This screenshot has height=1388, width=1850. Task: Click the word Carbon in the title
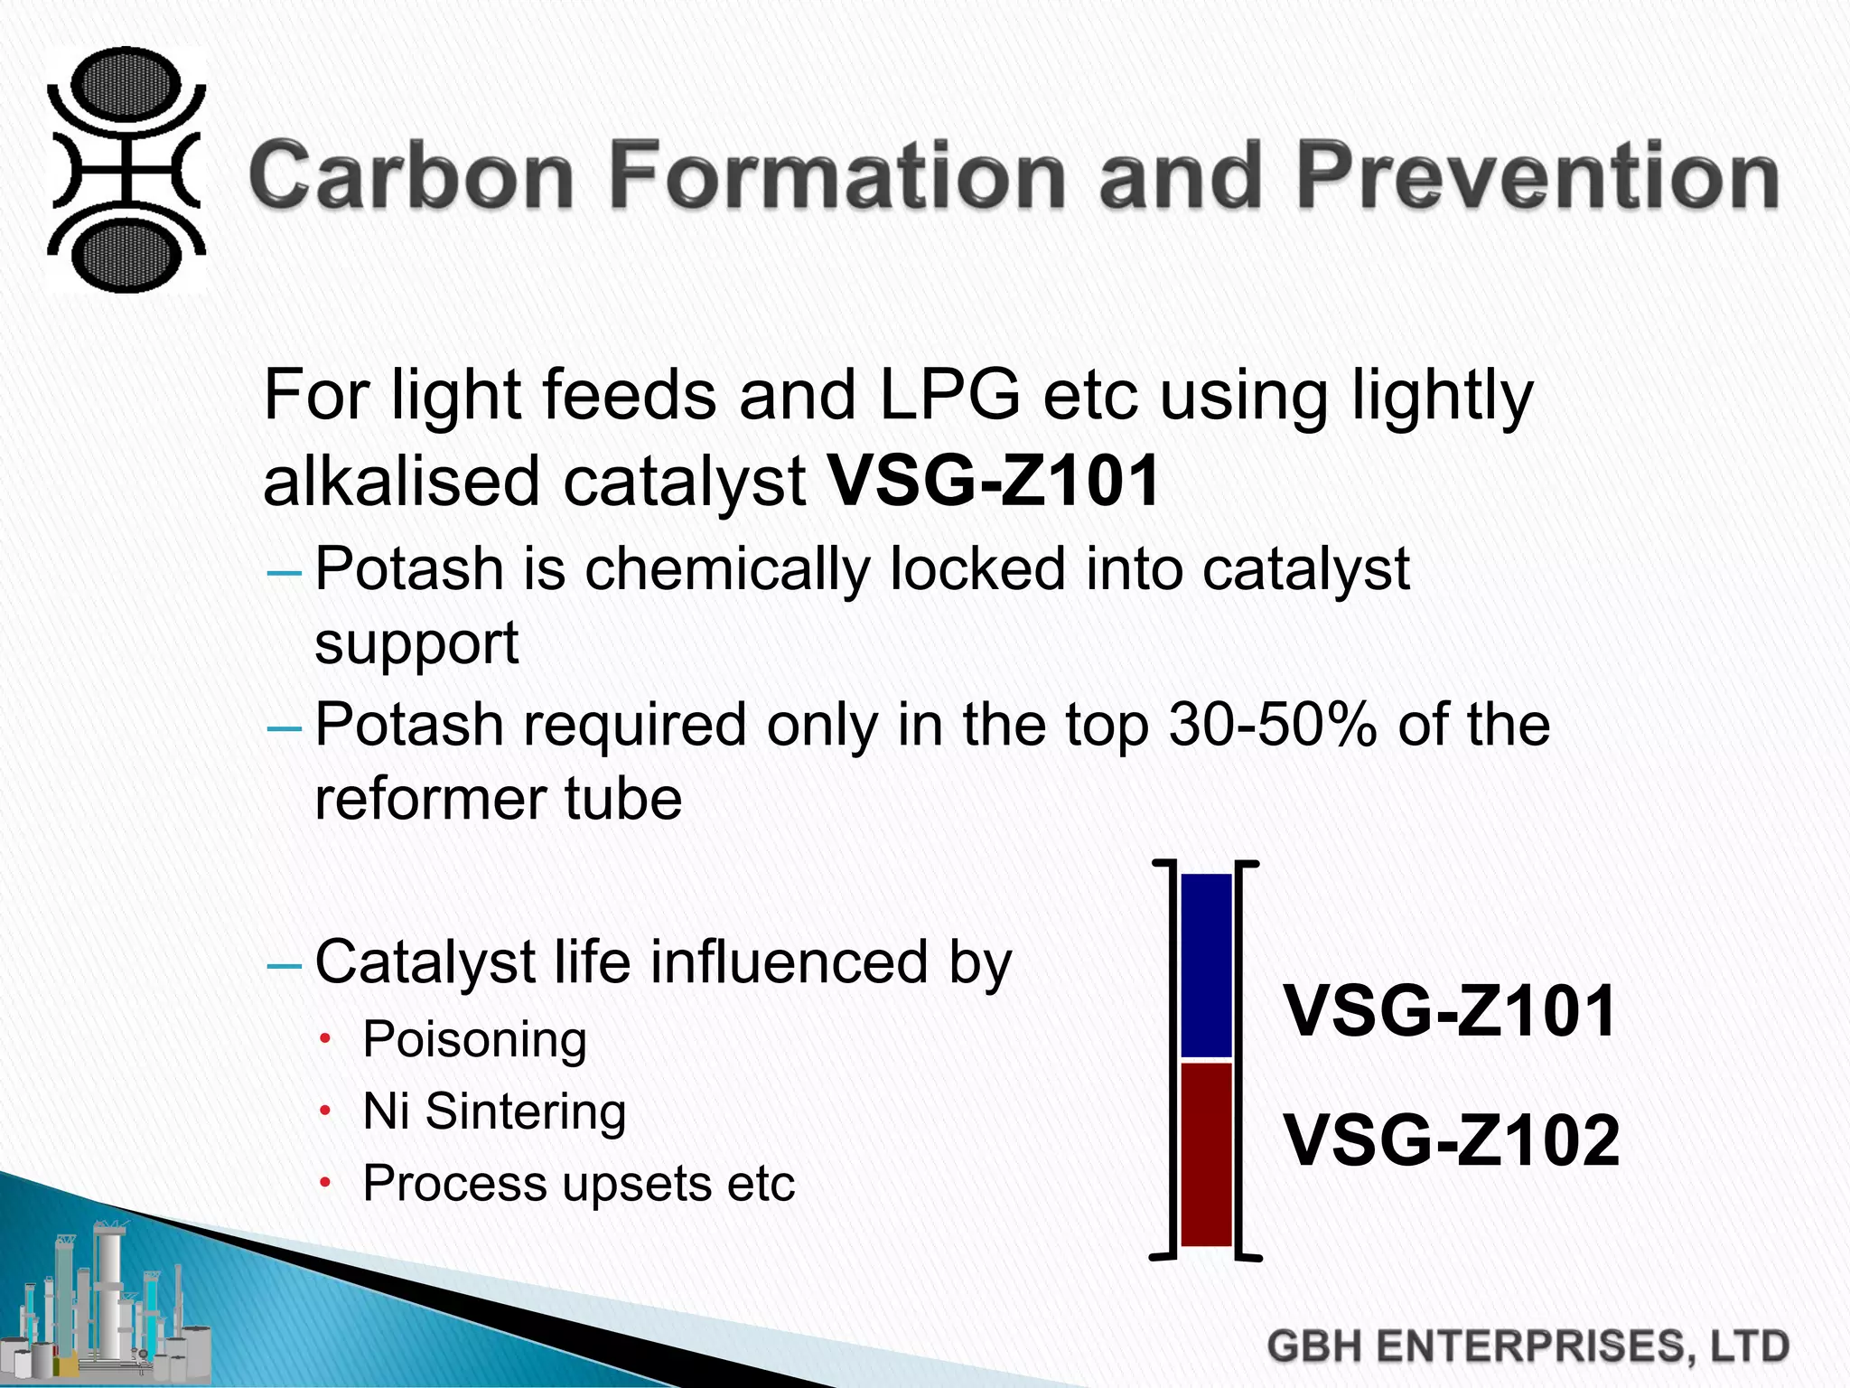click(x=411, y=175)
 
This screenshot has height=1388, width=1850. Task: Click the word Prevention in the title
click(x=1537, y=175)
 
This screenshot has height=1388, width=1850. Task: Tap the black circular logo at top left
click(x=126, y=170)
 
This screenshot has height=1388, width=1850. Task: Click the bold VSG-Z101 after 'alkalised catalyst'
click(x=995, y=481)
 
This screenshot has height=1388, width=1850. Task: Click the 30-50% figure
click(x=1273, y=725)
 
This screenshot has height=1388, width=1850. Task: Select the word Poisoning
click(x=474, y=1039)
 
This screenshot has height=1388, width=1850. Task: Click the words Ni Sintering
click(x=494, y=1111)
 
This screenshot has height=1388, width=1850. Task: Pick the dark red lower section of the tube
click(x=1207, y=1155)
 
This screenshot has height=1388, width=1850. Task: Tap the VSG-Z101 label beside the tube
click(x=1450, y=1011)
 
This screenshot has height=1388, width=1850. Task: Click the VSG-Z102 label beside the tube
click(x=1452, y=1140)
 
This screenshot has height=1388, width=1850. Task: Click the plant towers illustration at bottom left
click(x=108, y=1301)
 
